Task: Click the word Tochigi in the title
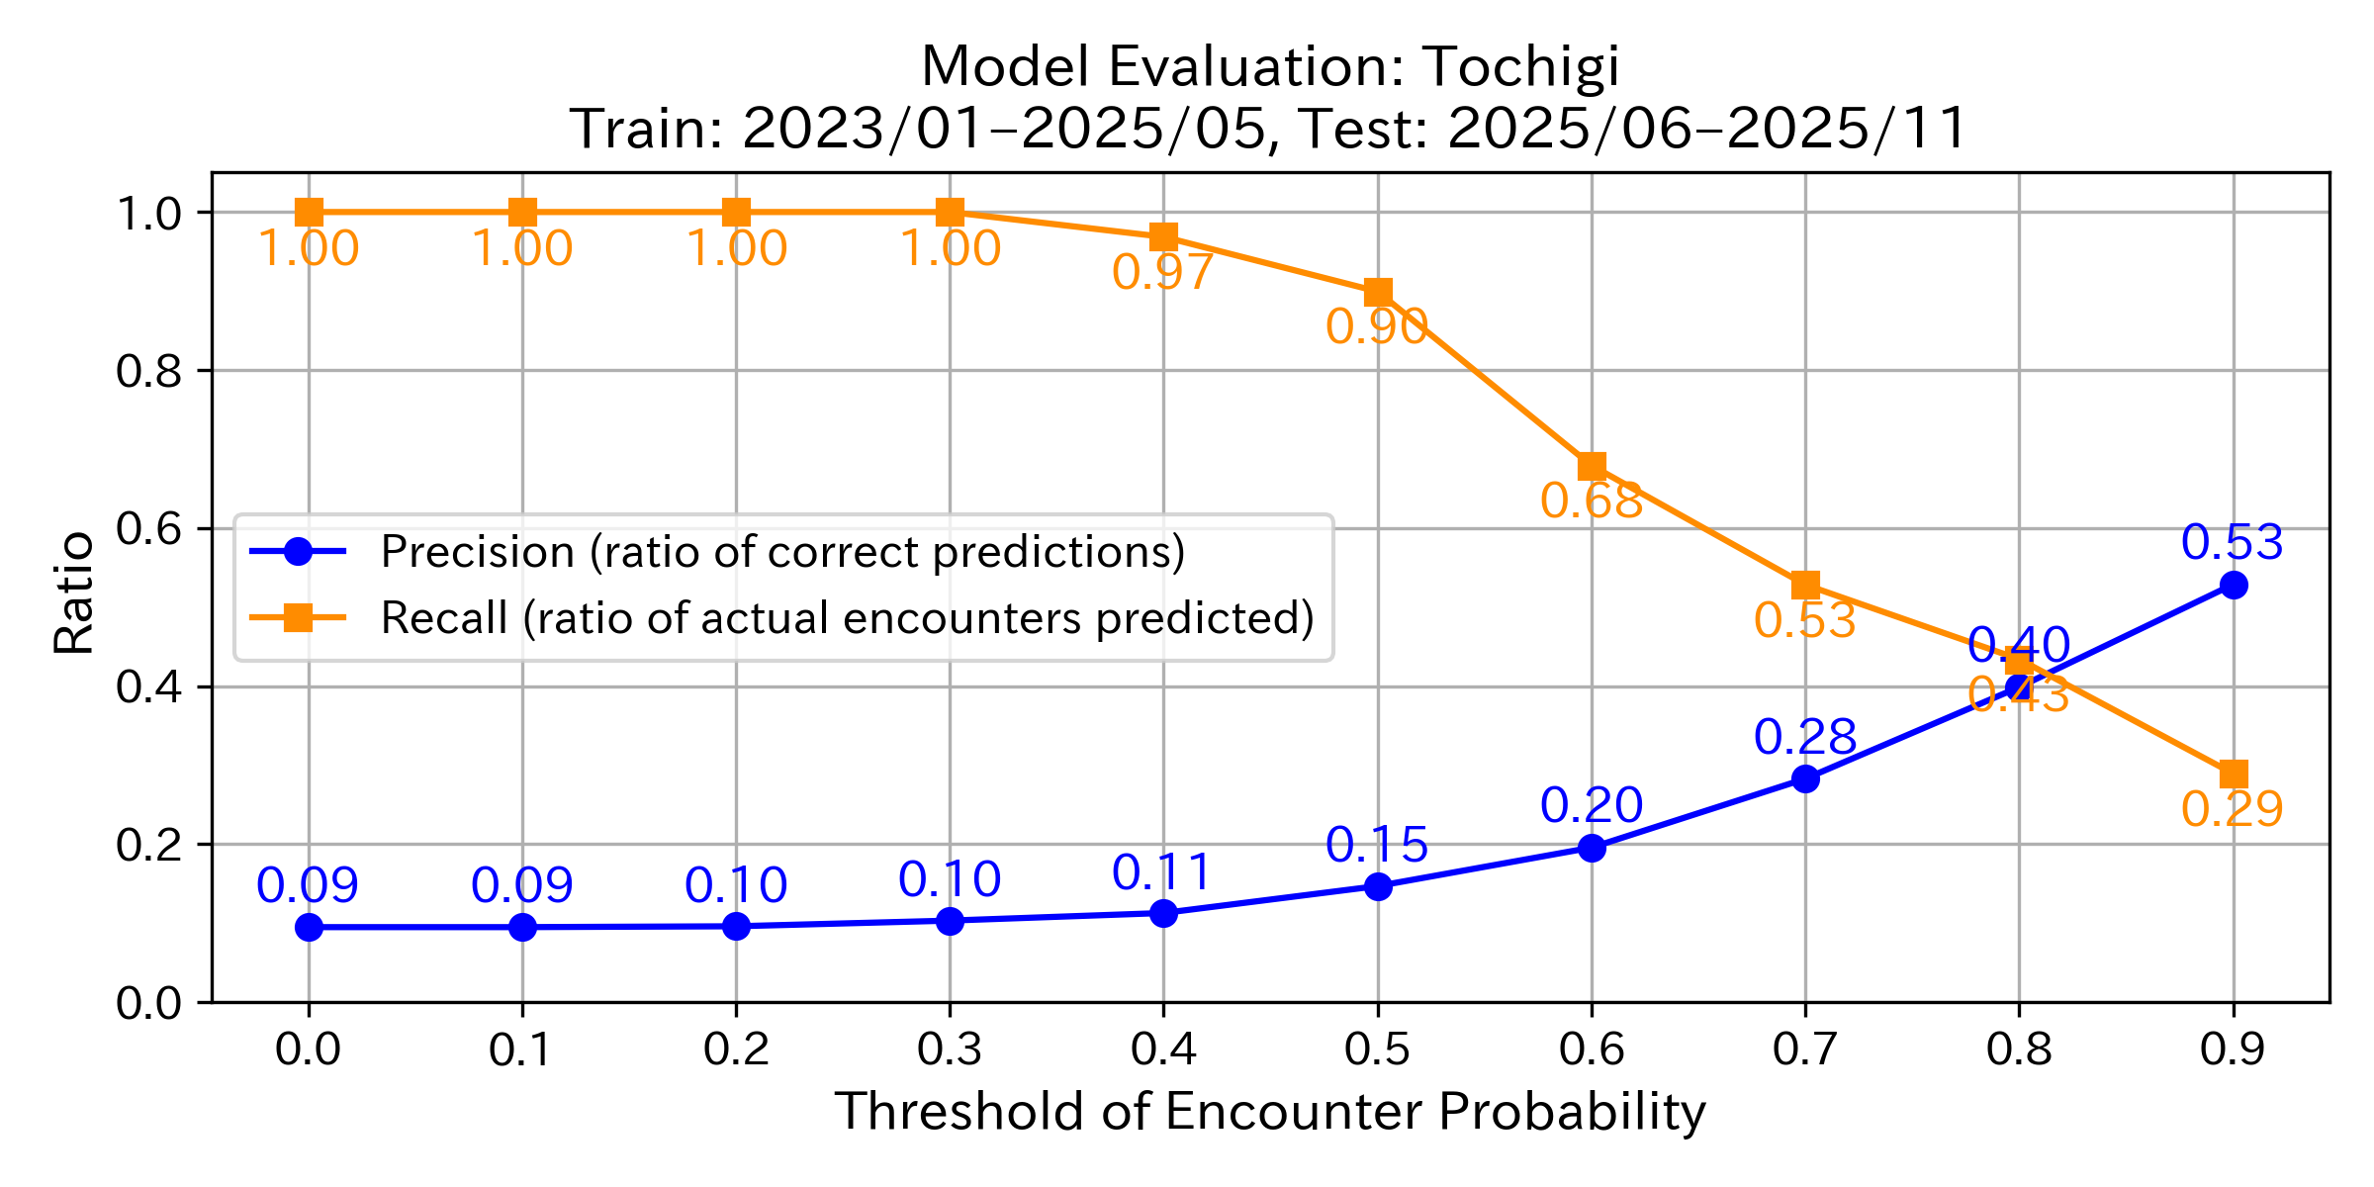point(1521,67)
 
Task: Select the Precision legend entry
point(781,552)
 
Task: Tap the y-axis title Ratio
point(74,593)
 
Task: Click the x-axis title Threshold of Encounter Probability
point(1270,1112)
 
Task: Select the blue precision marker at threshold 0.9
point(2233,586)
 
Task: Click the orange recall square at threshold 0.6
point(1592,466)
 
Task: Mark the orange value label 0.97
point(1162,273)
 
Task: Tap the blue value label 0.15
point(1377,846)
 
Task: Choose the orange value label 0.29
point(2233,810)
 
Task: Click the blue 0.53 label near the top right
point(2233,543)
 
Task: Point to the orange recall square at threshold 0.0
point(309,212)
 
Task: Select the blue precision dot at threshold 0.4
point(1163,913)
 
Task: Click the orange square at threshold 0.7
point(1805,585)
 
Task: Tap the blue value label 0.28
point(1805,738)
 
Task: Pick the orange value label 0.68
point(1592,502)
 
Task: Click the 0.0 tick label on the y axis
point(148,1004)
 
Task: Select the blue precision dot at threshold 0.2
point(736,926)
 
